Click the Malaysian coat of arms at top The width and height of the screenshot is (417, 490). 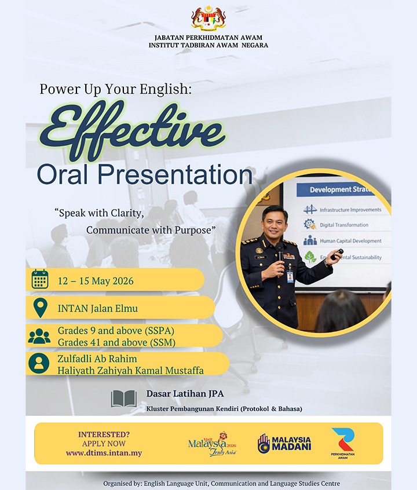[x=209, y=18]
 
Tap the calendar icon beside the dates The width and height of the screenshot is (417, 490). [x=39, y=280]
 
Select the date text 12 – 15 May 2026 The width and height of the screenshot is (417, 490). [x=96, y=281]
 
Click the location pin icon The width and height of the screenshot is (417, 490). [x=39, y=308]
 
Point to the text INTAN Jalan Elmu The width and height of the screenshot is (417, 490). [x=98, y=308]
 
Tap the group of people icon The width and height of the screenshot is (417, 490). [x=39, y=336]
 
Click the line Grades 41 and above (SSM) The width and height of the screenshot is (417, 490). [x=116, y=342]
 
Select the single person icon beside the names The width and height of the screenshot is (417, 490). [x=39, y=364]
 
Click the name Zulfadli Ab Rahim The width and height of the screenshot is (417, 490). [x=97, y=359]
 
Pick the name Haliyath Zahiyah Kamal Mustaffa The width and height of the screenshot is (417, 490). [x=130, y=370]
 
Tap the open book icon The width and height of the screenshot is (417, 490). [x=124, y=398]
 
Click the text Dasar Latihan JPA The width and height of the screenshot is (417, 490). [x=185, y=394]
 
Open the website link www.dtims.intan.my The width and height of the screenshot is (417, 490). [x=104, y=453]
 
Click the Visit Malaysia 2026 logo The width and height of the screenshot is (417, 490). [x=213, y=444]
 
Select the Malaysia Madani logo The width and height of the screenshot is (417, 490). [x=284, y=443]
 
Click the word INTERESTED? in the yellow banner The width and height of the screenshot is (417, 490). [x=104, y=434]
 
